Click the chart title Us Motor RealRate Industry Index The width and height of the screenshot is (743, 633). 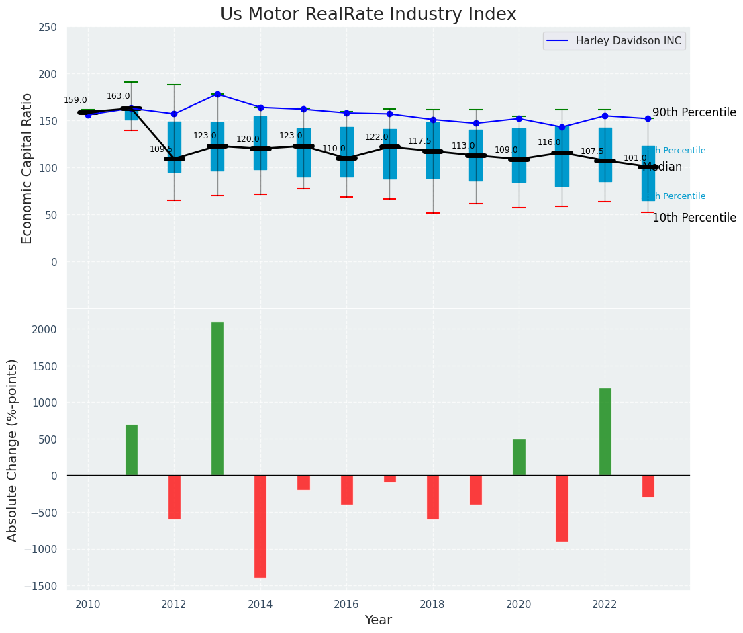point(368,15)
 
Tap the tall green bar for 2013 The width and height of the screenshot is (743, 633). point(217,398)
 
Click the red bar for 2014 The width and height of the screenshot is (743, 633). point(260,526)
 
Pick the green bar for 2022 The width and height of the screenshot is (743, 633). point(605,431)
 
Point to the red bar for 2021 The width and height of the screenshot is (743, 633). point(562,508)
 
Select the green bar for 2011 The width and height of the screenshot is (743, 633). point(132,450)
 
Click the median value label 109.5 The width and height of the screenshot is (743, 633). point(161,149)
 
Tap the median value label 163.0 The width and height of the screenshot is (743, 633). point(118,96)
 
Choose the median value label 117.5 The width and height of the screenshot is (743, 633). point(419,141)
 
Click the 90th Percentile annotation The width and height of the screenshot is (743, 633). point(694,112)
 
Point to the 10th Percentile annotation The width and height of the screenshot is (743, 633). point(694,218)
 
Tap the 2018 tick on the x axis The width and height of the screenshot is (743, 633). point(432,605)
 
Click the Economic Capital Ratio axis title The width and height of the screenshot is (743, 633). point(28,168)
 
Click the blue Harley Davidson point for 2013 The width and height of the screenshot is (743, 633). point(217,94)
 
